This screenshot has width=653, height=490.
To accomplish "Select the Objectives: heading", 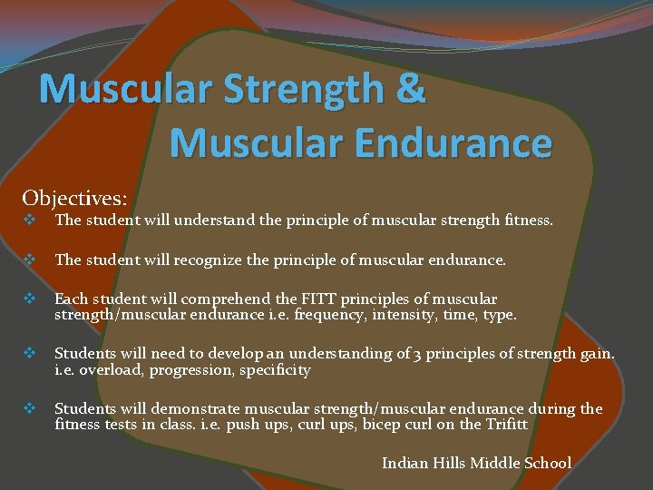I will [x=74, y=198].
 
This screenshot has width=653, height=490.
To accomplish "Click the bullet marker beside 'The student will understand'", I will [x=30, y=220].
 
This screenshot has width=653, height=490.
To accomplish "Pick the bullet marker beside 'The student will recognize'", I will [x=30, y=260].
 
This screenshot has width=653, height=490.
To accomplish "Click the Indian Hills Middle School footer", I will [x=476, y=463].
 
